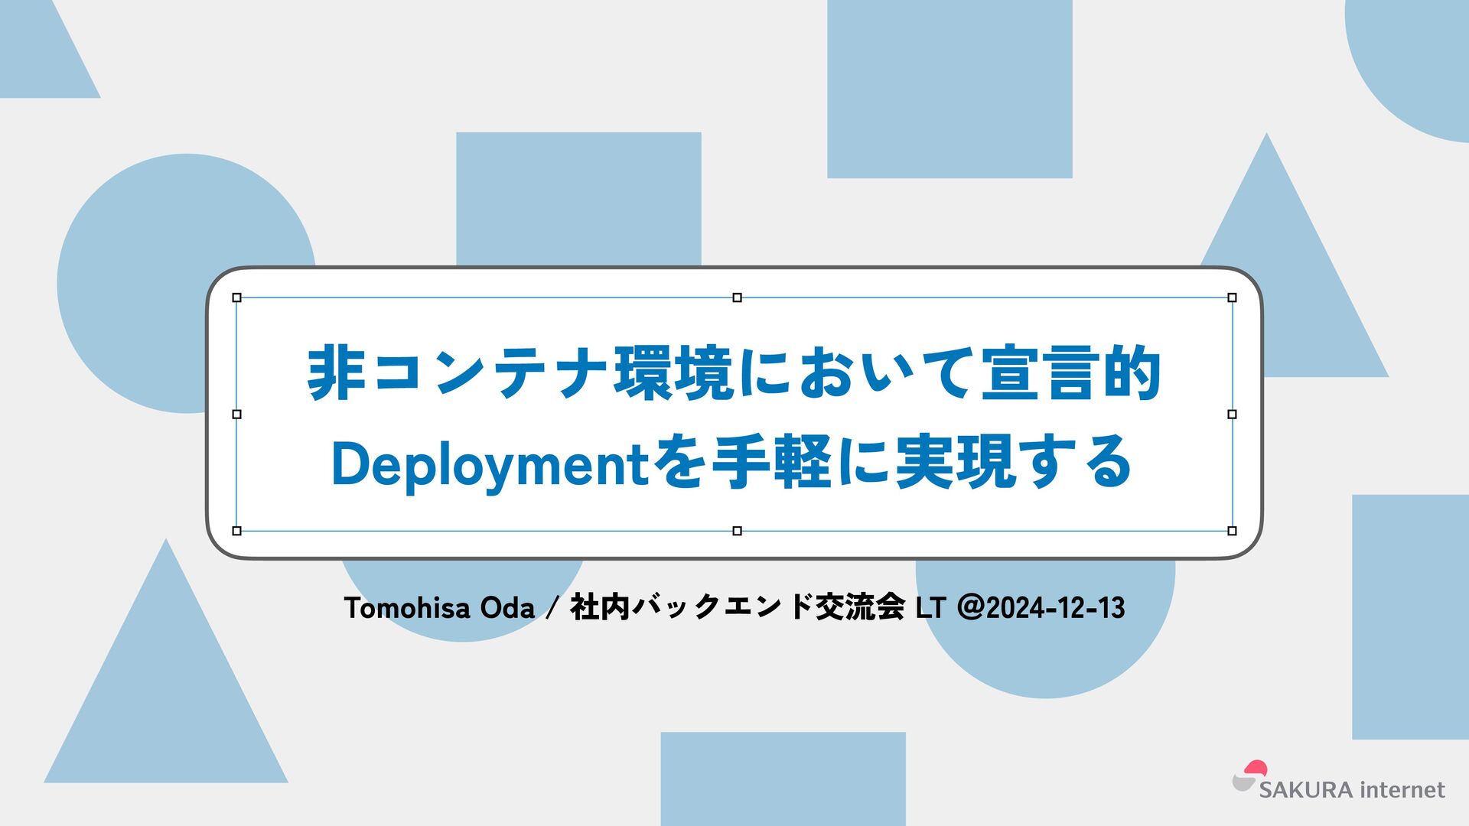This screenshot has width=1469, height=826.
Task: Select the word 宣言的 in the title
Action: (x=1071, y=373)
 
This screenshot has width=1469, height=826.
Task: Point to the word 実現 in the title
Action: (x=956, y=462)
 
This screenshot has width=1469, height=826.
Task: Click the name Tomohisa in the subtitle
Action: (x=407, y=608)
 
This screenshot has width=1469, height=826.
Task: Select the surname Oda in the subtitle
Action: (x=507, y=608)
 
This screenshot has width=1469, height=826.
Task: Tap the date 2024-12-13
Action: (x=1056, y=608)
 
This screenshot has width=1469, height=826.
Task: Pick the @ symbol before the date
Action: (x=970, y=608)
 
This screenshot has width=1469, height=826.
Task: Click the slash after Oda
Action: (x=552, y=609)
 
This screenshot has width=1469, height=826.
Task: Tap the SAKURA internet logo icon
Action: (x=1249, y=776)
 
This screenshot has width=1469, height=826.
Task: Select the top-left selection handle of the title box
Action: (x=236, y=298)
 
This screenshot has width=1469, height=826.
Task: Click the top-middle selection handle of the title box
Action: (x=737, y=298)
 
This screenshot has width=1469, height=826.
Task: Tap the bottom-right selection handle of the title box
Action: (x=1232, y=531)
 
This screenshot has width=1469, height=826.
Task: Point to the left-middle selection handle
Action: (x=236, y=414)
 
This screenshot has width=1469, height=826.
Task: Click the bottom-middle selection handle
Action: (x=737, y=531)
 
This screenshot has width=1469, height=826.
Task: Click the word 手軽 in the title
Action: (x=772, y=462)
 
